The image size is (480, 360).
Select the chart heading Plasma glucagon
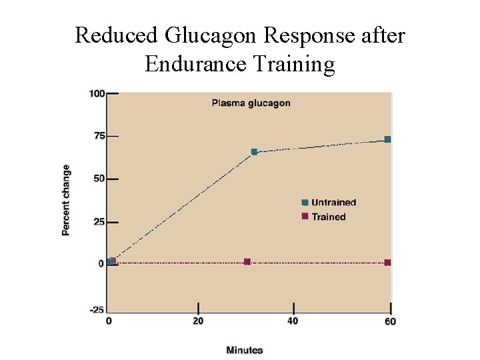[x=251, y=103]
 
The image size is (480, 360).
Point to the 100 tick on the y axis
[x=97, y=93]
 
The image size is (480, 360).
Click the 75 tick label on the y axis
[x=99, y=136]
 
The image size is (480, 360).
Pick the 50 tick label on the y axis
[x=99, y=179]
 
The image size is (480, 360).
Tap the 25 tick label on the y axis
[x=99, y=221]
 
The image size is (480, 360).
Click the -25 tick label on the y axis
[x=97, y=309]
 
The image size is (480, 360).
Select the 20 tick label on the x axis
[x=198, y=321]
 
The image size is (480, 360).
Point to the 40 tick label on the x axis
[x=293, y=321]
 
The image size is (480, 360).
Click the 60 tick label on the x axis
[x=390, y=321]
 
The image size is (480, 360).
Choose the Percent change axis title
[x=66, y=200]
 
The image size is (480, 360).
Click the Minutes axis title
[x=245, y=350]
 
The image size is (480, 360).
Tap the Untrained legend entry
[x=333, y=203]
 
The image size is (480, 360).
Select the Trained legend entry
[x=329, y=217]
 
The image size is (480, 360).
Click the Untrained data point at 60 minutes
[x=387, y=139]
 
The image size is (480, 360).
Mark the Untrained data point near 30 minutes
[x=254, y=152]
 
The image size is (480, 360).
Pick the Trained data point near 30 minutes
[x=247, y=261]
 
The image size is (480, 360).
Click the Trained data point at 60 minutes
[x=387, y=263]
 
